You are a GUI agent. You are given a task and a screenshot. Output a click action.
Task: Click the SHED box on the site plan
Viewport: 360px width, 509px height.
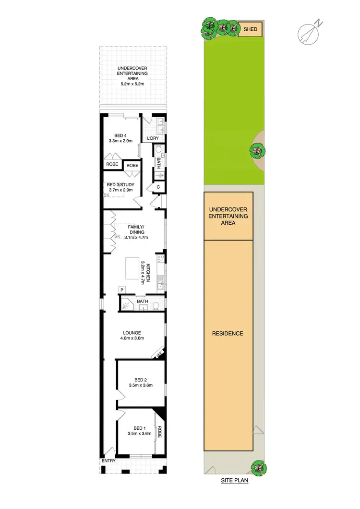[x=250, y=29]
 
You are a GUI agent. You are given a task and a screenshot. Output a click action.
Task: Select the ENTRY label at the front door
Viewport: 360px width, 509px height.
[x=108, y=461]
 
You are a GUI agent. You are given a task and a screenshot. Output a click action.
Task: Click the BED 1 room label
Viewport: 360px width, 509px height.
[x=139, y=428]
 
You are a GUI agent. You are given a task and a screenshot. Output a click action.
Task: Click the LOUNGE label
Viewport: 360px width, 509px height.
[x=132, y=332]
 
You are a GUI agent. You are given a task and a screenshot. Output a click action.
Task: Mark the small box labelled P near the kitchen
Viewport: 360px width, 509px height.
[x=122, y=290]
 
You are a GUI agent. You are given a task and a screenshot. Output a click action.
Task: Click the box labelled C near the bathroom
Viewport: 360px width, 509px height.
[x=158, y=186]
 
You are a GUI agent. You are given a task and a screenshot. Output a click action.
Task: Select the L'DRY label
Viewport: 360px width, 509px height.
[x=153, y=139]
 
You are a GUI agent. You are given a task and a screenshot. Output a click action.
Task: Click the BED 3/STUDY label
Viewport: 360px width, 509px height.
[x=120, y=185]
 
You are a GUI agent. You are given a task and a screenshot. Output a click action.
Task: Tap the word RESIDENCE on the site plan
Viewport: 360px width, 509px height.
[x=228, y=333]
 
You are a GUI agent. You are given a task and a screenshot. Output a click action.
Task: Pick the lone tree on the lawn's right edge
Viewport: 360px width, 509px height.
[x=258, y=151]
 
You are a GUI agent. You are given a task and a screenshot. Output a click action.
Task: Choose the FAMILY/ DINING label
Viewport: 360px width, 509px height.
[x=136, y=229]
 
